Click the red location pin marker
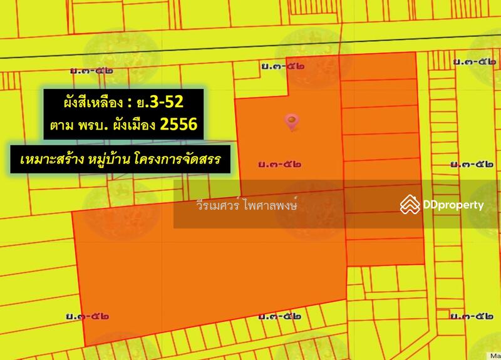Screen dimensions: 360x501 pos(291,121)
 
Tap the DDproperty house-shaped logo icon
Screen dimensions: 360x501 pos(410,204)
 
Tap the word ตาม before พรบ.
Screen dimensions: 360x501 pos(63,125)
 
